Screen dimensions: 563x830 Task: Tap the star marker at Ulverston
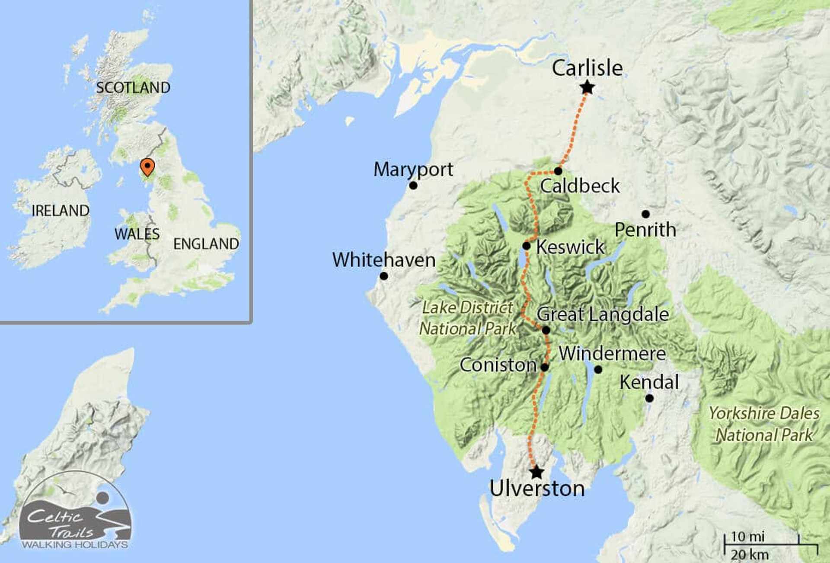pyautogui.click(x=536, y=472)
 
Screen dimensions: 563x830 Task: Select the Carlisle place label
pyautogui.click(x=587, y=68)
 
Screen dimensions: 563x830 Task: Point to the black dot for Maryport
pyautogui.click(x=413, y=186)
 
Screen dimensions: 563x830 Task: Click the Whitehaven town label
pyautogui.click(x=383, y=260)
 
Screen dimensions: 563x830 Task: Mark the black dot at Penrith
pyautogui.click(x=645, y=214)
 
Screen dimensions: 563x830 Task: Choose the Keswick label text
pyautogui.click(x=570, y=247)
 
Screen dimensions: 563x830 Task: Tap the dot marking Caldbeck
pyautogui.click(x=558, y=171)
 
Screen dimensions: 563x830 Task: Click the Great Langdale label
pyautogui.click(x=603, y=314)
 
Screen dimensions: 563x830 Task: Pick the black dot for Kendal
pyautogui.click(x=649, y=398)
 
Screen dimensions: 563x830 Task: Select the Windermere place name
pyautogui.click(x=612, y=354)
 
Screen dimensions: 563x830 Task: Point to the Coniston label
pyautogui.click(x=498, y=365)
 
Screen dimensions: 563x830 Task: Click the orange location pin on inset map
pyautogui.click(x=147, y=166)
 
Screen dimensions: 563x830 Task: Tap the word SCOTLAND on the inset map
pyautogui.click(x=133, y=88)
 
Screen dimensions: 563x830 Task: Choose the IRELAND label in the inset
pyautogui.click(x=61, y=211)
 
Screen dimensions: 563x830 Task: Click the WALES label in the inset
pyautogui.click(x=137, y=234)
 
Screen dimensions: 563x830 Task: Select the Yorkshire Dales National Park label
pyautogui.click(x=764, y=424)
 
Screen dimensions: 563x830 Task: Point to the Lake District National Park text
pyautogui.click(x=468, y=318)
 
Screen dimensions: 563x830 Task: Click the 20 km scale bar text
pyautogui.click(x=749, y=554)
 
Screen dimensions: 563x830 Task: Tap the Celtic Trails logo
pyautogui.click(x=75, y=515)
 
